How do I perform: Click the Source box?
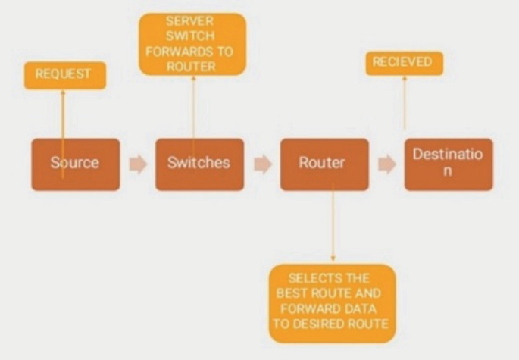pyautogui.click(x=75, y=164)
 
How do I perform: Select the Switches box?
pyautogui.click(x=199, y=164)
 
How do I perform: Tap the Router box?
pyautogui.click(x=324, y=164)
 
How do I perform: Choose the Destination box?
pyautogui.click(x=448, y=163)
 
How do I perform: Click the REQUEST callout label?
pyautogui.click(x=64, y=75)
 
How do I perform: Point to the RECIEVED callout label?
pyautogui.click(x=405, y=63)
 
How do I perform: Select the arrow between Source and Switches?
pyautogui.click(x=137, y=164)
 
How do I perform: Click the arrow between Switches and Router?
pyautogui.click(x=262, y=164)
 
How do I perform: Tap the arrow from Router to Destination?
pyautogui.click(x=386, y=164)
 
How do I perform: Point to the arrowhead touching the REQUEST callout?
pyautogui.click(x=64, y=92)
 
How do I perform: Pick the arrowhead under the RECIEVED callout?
pyautogui.click(x=404, y=79)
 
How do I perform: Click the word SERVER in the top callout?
pyautogui.click(x=193, y=22)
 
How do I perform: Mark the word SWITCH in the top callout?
pyautogui.click(x=193, y=36)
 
